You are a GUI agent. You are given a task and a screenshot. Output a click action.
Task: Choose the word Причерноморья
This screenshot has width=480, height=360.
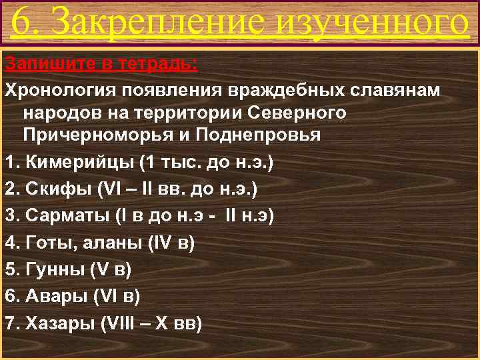click(89, 135)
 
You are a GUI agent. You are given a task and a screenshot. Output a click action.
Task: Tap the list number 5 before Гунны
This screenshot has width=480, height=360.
click(9, 270)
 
